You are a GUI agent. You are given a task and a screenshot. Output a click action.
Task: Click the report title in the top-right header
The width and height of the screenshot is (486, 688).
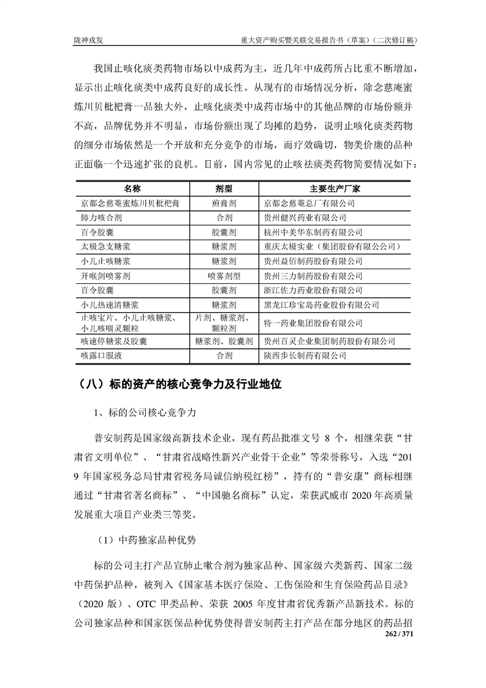(330, 40)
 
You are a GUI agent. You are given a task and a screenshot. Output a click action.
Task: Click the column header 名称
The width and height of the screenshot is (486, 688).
(132, 188)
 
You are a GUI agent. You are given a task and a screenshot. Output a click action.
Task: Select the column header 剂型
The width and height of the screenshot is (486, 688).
(222, 188)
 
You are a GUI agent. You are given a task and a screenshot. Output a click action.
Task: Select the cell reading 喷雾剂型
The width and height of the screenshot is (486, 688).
(222, 276)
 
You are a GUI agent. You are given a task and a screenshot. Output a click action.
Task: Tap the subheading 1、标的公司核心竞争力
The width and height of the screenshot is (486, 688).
(144, 413)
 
